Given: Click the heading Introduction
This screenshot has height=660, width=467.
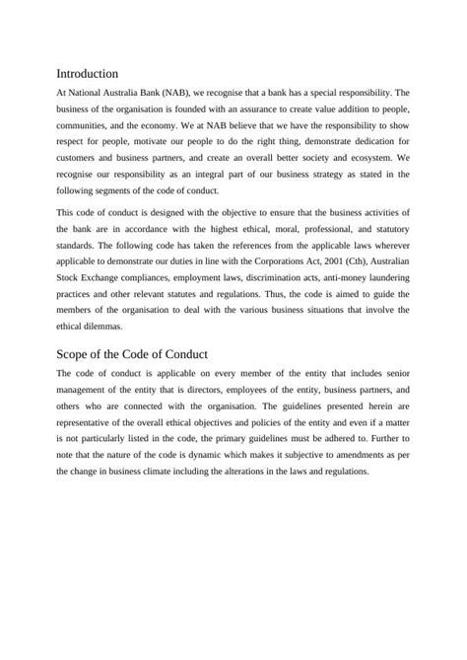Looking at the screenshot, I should tap(88, 73).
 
